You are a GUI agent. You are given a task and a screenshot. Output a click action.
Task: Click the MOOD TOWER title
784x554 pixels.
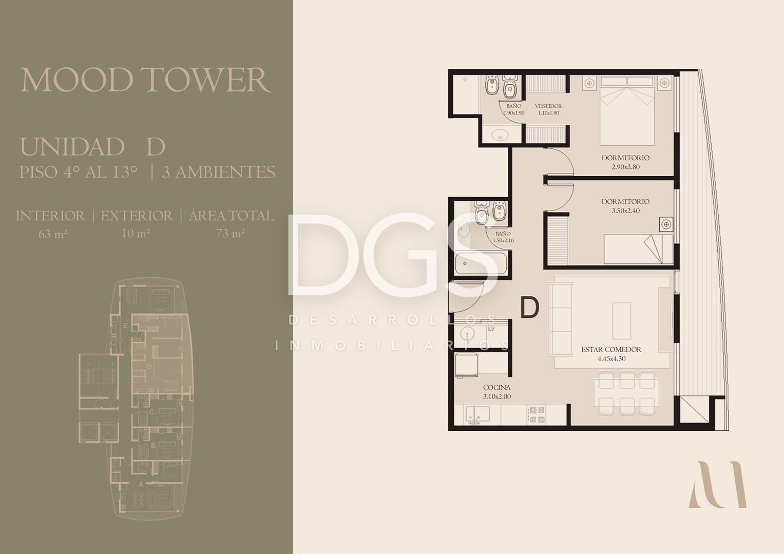click(145, 80)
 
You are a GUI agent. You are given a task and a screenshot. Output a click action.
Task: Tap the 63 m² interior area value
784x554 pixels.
click(53, 234)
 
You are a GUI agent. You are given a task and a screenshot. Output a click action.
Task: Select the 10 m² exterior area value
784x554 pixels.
click(136, 233)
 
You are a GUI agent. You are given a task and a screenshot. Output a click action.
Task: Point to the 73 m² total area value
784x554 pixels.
click(231, 233)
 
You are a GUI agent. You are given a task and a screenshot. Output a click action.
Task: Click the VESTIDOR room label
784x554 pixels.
click(548, 106)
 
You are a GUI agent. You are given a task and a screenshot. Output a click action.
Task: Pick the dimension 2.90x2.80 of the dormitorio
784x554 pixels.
click(625, 167)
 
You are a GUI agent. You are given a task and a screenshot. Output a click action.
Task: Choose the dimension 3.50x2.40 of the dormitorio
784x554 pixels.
click(625, 211)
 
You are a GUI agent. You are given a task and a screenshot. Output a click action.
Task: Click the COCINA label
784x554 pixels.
click(496, 388)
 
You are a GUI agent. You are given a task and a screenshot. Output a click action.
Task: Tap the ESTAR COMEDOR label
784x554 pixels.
click(611, 349)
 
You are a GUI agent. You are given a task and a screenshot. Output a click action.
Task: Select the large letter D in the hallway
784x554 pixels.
click(529, 308)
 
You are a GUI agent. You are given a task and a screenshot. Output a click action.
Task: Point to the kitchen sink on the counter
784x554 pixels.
click(477, 414)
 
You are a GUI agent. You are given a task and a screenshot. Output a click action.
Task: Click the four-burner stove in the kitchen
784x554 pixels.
click(536, 414)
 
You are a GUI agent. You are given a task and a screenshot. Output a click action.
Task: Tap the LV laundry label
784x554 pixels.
click(491, 329)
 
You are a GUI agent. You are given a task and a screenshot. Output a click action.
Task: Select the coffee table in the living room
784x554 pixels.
click(622, 321)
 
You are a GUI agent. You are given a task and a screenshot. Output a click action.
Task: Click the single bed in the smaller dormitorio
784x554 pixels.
click(638, 249)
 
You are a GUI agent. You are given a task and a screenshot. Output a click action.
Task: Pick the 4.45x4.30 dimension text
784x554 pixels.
click(611, 358)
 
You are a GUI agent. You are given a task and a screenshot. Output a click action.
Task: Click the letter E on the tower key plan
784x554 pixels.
click(125, 326)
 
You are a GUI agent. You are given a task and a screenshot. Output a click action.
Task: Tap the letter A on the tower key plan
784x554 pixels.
click(141, 484)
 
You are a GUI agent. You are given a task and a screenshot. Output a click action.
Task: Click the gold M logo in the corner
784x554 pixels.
click(717, 484)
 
